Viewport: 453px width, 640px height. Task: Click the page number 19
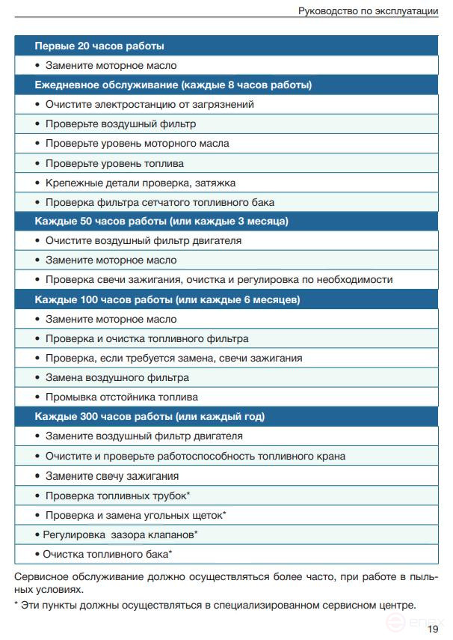point(433,629)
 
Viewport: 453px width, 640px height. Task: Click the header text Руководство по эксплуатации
point(368,10)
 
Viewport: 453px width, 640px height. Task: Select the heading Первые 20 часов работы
point(99,46)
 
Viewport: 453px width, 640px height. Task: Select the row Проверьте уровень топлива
point(114,163)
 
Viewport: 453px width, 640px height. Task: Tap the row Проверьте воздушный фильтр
point(120,124)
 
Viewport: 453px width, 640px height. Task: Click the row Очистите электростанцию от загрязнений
point(150,105)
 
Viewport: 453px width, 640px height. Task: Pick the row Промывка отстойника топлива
point(121,397)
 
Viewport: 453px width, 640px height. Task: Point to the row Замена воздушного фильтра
point(117,377)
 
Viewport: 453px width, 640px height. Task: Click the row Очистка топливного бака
point(107,554)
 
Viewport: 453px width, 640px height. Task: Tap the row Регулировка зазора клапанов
point(120,534)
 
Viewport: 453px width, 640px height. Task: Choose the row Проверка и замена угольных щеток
point(135,515)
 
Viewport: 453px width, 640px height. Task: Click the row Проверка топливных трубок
point(117,496)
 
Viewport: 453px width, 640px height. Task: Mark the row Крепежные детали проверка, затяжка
point(141,183)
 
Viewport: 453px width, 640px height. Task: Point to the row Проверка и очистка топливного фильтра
point(147,338)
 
